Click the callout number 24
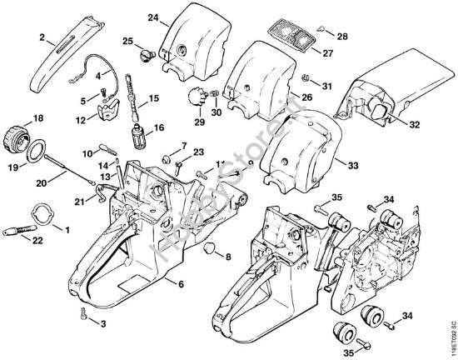point(152,17)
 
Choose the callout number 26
point(305,97)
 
